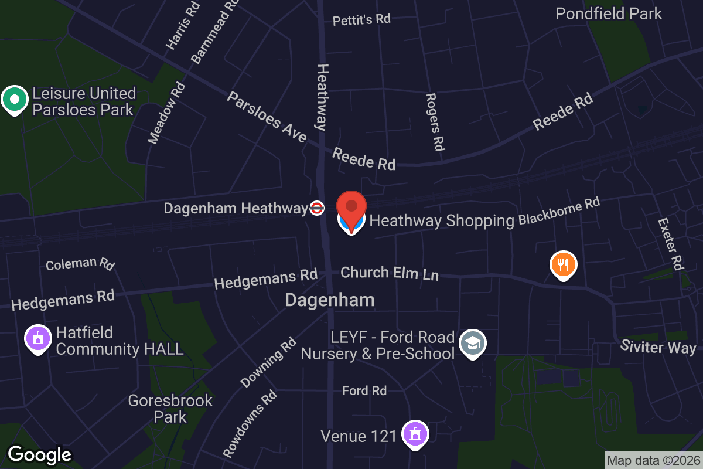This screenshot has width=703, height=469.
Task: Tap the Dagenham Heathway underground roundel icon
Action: pos(316,208)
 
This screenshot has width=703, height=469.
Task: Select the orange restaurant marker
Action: pos(563,265)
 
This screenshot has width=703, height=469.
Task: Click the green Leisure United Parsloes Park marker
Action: pos(15,100)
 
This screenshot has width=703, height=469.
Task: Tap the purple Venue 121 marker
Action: pos(415,435)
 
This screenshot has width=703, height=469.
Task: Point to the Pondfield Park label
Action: pos(609,13)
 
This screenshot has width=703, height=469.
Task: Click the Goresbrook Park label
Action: pos(170,409)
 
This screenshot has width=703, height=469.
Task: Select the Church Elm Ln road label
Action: pos(389,273)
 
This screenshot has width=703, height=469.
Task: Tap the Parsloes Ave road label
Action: pos(267,117)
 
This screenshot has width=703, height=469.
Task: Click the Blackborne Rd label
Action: pos(559,212)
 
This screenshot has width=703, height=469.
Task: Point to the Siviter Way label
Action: pos(658,347)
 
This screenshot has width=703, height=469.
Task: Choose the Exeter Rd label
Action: pos(671,244)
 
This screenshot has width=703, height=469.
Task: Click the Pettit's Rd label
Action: pos(361,19)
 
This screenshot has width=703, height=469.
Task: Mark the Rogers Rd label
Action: pos(434,121)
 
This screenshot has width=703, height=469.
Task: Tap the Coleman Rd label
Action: pos(80,264)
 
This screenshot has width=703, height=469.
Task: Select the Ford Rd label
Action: pos(364,390)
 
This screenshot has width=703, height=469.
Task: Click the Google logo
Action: pos(40,455)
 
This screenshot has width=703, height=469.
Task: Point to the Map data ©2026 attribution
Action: pos(653,461)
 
